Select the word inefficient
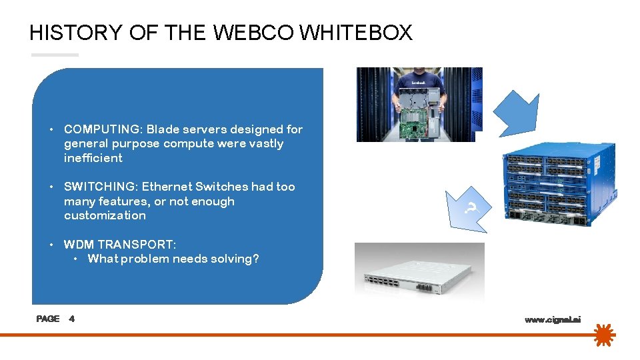[93, 158]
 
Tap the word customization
[105, 215]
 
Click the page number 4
[72, 319]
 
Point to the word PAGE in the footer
[48, 319]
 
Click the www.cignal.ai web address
[553, 320]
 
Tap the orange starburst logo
[604, 335]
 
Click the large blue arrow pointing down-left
[517, 111]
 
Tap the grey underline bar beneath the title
[54, 55]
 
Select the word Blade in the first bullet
[163, 129]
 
